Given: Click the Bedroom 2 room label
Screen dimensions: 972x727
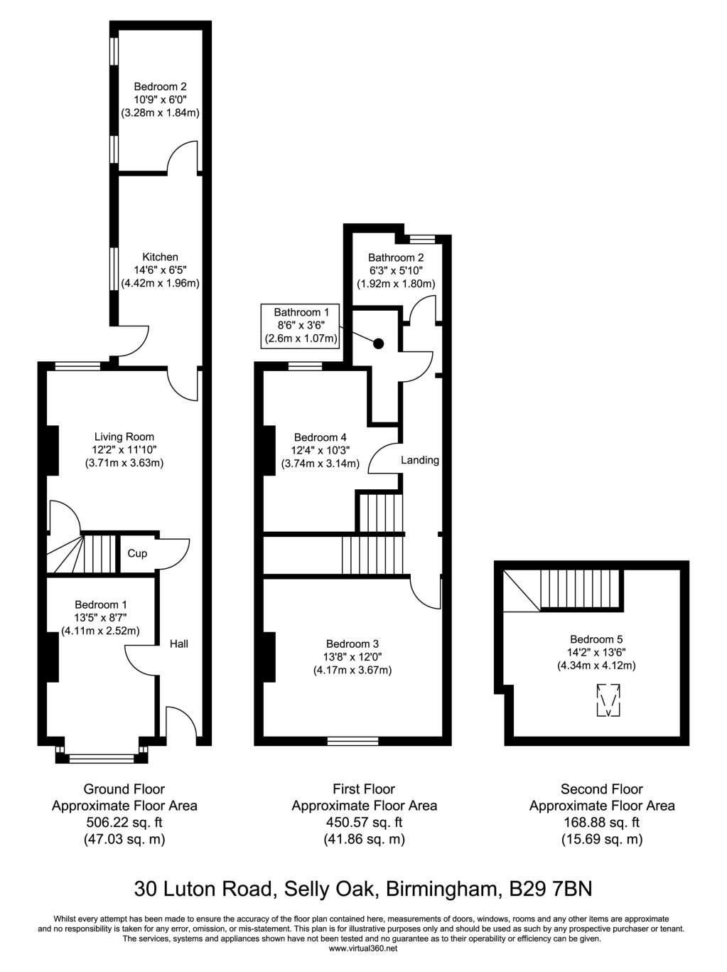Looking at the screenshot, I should coord(160,87).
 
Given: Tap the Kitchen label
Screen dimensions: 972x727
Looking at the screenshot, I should coord(160,257).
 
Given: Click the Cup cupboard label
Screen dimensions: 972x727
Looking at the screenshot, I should coord(137,553).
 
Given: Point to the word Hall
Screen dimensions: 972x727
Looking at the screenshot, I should coord(179,643).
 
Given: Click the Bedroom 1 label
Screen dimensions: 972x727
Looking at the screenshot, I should coord(99,604).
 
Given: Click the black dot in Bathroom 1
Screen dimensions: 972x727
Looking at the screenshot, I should coord(379,343).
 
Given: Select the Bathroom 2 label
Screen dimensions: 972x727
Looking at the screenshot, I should coord(396,257).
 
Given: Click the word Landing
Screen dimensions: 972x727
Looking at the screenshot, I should coord(420,460).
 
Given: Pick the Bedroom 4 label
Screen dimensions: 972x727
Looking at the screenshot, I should coord(320,437).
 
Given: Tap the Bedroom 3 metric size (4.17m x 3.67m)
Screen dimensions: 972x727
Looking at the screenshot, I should coord(352,670).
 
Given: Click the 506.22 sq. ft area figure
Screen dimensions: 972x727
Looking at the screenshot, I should coord(124,823).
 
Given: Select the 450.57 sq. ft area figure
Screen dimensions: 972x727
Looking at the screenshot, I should coord(364,823).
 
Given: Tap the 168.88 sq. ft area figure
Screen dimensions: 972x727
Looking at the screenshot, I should coord(602,823).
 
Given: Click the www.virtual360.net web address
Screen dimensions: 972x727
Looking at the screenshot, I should coord(363,949).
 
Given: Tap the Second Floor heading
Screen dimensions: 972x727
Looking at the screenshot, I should coord(602,789).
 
